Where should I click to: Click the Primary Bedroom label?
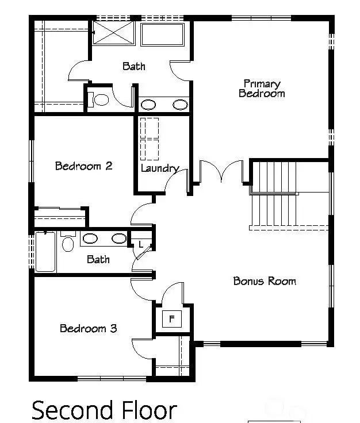(262, 89)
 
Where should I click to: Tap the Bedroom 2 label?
(83, 166)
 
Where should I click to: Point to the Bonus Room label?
(265, 281)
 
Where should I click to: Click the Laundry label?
(159, 168)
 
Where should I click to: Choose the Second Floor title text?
(104, 410)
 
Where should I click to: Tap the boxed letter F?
(171, 318)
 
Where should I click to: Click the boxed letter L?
(141, 245)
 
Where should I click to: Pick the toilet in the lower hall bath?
(68, 243)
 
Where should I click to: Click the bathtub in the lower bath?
(45, 252)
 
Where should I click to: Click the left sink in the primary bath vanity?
(148, 105)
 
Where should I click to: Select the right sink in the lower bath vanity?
(118, 239)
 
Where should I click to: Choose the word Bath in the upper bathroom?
(133, 66)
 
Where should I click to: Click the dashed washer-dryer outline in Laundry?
(150, 138)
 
